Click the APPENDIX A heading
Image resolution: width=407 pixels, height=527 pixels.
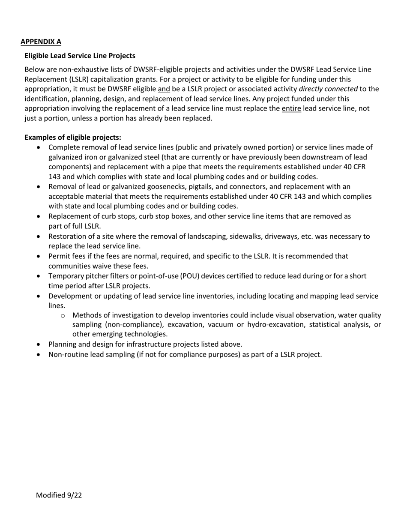pyautogui.click(x=41, y=42)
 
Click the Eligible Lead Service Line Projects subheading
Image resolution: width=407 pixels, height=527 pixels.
pyautogui.click(x=80, y=56)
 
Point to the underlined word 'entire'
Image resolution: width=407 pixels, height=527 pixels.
pyautogui.click(x=291, y=108)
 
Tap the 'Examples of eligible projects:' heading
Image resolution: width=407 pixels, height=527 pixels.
pyautogui.click(x=73, y=137)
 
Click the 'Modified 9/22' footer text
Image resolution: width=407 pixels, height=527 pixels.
pyautogui.click(x=59, y=495)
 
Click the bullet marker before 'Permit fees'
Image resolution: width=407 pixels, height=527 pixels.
pyautogui.click(x=39, y=256)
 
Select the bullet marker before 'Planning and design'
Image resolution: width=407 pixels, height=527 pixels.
pyautogui.click(x=39, y=344)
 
